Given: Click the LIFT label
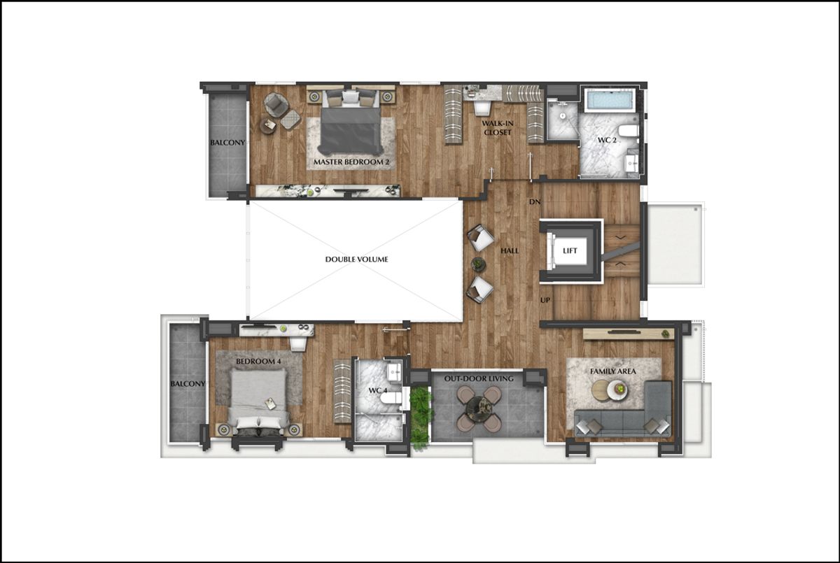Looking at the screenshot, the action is click(570, 251).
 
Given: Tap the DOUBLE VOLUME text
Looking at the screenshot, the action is click(356, 259).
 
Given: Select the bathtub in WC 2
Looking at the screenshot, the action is click(610, 100).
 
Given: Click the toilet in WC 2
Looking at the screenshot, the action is click(628, 131).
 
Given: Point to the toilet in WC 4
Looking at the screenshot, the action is click(390, 398).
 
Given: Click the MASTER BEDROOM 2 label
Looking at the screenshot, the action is click(351, 162).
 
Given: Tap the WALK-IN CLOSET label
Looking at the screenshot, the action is click(498, 128).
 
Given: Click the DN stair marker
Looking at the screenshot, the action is click(535, 202).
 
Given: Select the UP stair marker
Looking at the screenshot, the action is click(545, 300).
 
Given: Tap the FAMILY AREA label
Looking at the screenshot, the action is click(613, 371).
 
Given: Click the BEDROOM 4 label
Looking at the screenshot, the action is click(258, 362).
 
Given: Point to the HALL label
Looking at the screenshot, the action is click(510, 250).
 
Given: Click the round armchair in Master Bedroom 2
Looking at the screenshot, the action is click(276, 104).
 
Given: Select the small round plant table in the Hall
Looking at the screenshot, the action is click(478, 264).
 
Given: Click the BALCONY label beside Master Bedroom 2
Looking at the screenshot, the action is click(227, 143).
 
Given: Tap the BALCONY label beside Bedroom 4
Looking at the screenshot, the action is click(188, 384).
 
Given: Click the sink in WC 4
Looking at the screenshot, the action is click(395, 372).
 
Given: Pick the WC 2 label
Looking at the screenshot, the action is click(607, 141).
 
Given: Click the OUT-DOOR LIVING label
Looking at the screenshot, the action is click(479, 378).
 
